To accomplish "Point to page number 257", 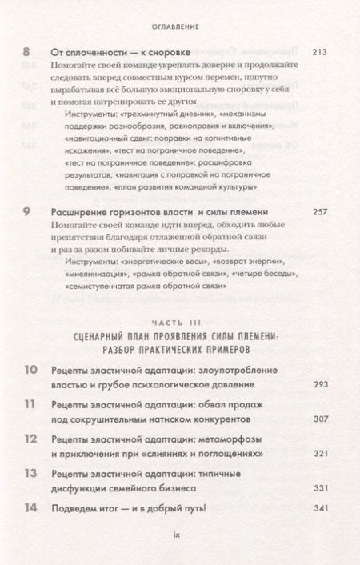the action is pyautogui.click(x=318, y=212).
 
